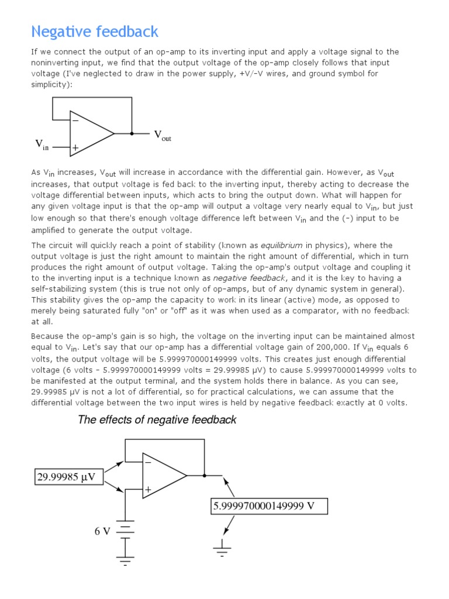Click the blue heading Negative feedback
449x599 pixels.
[x=95, y=31]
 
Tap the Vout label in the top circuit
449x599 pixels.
[x=163, y=136]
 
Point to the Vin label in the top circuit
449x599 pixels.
[x=42, y=144]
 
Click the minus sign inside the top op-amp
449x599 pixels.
[x=75, y=121]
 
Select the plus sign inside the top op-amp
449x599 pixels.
[x=75, y=148]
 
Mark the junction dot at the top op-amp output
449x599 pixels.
[x=132, y=134]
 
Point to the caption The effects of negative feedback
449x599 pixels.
[x=157, y=419]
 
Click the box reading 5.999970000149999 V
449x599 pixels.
[x=270, y=506]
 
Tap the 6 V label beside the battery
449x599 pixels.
[x=102, y=531]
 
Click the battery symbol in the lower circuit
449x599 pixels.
[x=125, y=529]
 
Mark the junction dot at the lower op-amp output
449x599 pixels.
[x=204, y=476]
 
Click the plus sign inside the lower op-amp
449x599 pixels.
[x=148, y=489]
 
